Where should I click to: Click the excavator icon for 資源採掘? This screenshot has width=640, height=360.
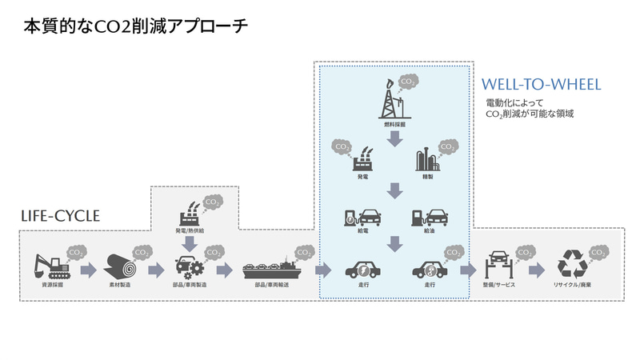point(50,266)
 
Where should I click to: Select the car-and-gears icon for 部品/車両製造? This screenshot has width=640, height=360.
point(189,267)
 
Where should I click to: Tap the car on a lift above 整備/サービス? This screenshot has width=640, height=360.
point(498,266)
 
